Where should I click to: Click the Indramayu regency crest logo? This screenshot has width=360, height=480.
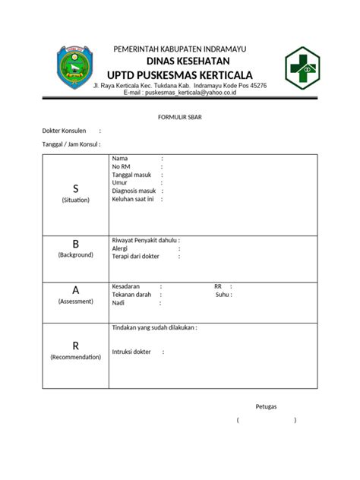74,68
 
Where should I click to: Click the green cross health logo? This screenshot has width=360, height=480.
303,68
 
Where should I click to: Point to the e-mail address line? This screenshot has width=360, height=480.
180,93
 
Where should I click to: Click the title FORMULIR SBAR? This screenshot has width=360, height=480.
180,117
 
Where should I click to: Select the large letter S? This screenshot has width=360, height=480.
75,188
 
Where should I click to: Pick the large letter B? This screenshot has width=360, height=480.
75,244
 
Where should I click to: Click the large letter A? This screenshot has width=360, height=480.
75,290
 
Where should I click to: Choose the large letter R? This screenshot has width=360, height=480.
75,346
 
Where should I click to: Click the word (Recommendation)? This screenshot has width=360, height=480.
75,357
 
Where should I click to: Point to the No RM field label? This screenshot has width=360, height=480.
121,166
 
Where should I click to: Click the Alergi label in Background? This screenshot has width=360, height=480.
120,248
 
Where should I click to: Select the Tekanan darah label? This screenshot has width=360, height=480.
131,295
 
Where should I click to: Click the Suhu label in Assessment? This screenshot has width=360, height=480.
222,295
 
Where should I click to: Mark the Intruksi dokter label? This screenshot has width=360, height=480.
131,352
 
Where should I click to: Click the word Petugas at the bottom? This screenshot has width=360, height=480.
267,406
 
